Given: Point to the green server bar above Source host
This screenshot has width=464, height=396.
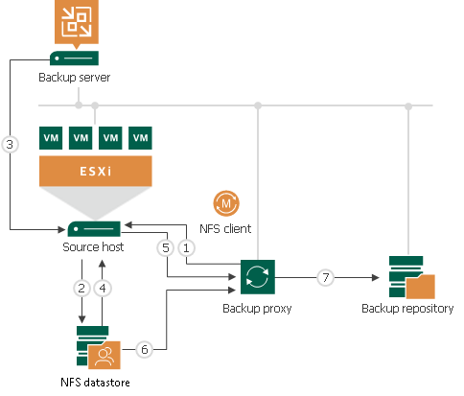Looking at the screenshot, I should point(94,229).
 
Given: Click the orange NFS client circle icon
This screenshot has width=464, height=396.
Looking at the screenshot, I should point(226,204).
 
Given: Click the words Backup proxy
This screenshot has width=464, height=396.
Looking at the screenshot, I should point(258,310).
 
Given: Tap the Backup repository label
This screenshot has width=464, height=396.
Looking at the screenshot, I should point(408,309).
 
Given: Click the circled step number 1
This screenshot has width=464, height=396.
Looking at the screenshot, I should point(189,246).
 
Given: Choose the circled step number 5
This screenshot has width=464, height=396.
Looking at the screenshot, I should point(165,246).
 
